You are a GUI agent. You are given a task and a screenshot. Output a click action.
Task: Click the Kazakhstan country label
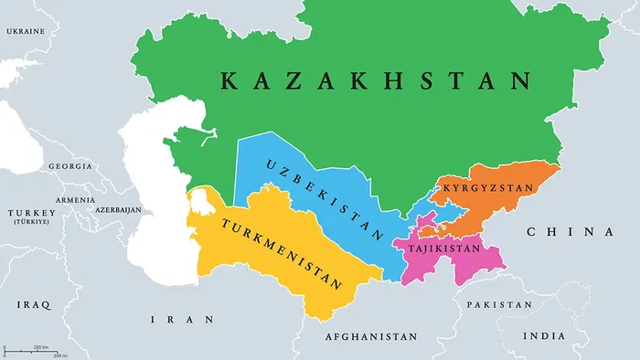375,80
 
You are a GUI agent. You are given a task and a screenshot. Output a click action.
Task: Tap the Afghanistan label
370,337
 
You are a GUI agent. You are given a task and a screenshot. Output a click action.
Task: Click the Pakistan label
498,304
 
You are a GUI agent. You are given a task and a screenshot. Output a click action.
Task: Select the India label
544,336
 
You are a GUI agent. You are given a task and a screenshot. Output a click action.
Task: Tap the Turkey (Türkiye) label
31,217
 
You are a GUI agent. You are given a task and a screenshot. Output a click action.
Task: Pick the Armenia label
75,200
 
